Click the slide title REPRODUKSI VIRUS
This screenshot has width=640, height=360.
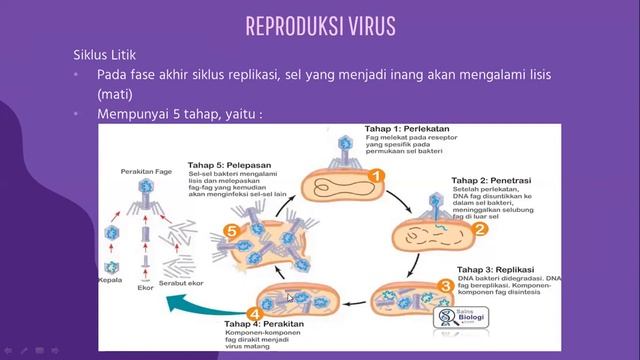point(320,25)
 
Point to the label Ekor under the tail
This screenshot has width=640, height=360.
point(145,289)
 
